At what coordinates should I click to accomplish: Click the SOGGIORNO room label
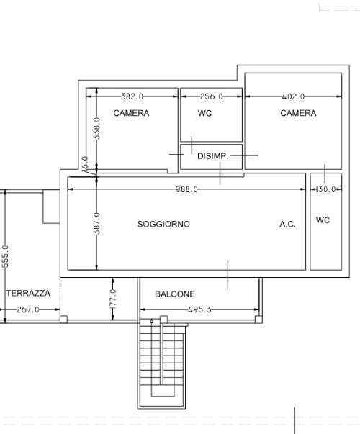[163, 224]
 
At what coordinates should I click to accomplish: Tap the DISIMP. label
[213, 156]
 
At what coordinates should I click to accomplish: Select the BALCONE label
[175, 294]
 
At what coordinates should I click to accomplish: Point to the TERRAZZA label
[28, 293]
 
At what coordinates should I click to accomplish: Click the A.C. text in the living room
[288, 224]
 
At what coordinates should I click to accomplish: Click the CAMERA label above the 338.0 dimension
[131, 113]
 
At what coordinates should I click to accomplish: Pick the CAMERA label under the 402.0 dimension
[298, 113]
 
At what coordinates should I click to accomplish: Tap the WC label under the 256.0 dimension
[205, 113]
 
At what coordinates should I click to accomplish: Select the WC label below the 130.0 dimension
[323, 220]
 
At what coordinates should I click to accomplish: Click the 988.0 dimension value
[187, 189]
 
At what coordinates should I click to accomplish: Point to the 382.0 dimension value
[132, 96]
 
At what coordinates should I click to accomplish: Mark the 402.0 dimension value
[293, 96]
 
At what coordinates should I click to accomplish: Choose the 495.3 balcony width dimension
[199, 309]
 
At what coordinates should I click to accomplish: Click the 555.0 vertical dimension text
[5, 256]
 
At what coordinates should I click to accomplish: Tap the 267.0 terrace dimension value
[28, 309]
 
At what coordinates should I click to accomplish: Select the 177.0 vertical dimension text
[113, 299]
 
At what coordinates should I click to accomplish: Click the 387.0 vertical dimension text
[96, 223]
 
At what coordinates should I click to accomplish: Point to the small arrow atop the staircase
[151, 321]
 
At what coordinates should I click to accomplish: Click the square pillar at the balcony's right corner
[258, 320]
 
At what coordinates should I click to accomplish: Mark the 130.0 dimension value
[325, 189]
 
